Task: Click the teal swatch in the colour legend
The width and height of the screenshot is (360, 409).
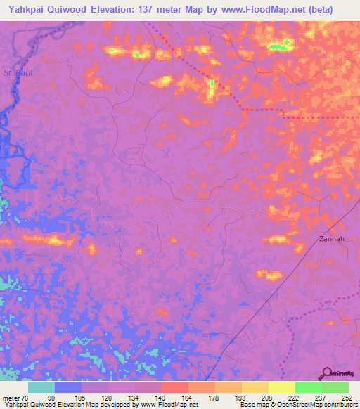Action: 41,387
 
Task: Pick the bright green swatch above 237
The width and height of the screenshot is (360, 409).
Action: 308,387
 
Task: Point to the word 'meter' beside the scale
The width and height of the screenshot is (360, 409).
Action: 11,397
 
